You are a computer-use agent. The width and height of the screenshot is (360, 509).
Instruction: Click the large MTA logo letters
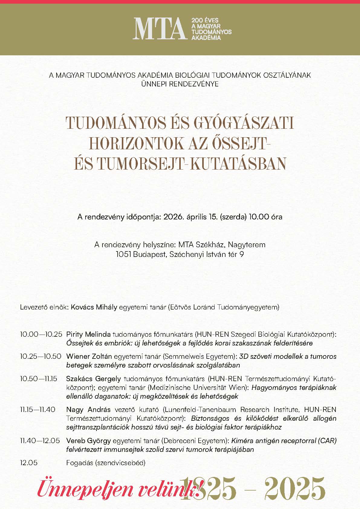click(x=159, y=29)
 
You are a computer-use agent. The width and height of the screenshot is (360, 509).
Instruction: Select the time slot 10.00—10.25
click(x=41, y=335)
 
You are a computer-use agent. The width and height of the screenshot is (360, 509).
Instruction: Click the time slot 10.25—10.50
click(x=41, y=356)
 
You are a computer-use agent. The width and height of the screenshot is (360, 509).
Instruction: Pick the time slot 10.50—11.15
click(x=38, y=379)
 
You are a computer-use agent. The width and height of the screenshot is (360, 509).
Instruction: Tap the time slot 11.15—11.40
click(x=38, y=410)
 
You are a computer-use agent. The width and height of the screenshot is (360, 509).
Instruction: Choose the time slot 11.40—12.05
click(x=40, y=440)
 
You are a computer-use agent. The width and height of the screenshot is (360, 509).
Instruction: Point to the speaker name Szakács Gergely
click(x=93, y=379)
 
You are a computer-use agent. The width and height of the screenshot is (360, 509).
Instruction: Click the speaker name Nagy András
click(x=89, y=410)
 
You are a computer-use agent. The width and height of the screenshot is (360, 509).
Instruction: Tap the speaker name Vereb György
click(x=89, y=440)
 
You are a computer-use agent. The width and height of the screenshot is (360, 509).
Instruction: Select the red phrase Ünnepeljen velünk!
click(x=119, y=489)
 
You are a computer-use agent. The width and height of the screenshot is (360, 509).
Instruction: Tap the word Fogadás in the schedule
click(x=79, y=463)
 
